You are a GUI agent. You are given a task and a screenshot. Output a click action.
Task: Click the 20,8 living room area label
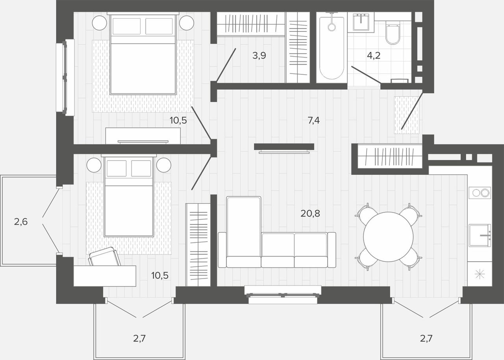coord(310,213)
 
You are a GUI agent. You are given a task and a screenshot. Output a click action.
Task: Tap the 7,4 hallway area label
coord(314,120)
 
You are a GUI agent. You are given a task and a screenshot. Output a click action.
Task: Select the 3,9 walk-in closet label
coord(259,55)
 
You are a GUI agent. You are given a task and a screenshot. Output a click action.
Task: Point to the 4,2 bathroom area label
coord(374,55)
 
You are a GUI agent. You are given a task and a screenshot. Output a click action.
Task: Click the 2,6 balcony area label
coord(21,222)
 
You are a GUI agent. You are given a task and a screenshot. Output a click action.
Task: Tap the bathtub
coord(332,47)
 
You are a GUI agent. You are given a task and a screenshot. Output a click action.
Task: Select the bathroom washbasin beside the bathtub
coord(361,22)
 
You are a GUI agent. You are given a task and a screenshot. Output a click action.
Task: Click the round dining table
coord(388,237)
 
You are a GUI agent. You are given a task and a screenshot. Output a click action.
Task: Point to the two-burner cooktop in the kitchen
coord(480,193)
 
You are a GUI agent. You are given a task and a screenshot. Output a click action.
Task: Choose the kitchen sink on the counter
coord(480,235)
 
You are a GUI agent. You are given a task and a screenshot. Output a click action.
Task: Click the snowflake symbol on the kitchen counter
coord(480,274)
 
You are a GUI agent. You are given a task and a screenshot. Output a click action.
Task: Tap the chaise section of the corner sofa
coord(244,232)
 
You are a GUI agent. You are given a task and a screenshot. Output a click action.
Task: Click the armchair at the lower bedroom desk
coord(104,257)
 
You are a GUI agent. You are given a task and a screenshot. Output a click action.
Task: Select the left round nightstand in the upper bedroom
coord(99,23)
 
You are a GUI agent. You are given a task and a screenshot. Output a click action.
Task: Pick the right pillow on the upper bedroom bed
coord(159,26)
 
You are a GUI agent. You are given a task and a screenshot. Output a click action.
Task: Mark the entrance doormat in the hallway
coord(407,115)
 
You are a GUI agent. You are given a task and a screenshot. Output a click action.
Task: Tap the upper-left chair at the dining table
coord(366,214)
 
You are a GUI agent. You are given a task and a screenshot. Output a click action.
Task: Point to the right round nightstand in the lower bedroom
coord(164,165)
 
